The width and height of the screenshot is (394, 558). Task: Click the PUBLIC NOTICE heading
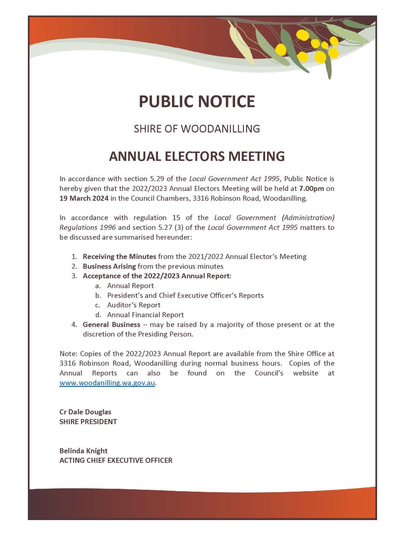[x=197, y=102]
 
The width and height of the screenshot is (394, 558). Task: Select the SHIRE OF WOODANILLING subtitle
[x=197, y=129]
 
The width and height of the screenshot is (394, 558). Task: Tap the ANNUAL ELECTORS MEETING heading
[x=197, y=156]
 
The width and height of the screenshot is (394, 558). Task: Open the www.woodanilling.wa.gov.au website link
[x=107, y=383]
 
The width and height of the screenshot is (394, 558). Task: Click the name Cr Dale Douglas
[x=85, y=412]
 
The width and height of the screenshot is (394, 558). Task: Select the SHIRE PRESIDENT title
[x=88, y=422]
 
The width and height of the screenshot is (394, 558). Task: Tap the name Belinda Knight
[x=83, y=450]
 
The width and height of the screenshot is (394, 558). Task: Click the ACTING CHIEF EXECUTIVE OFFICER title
[x=116, y=460]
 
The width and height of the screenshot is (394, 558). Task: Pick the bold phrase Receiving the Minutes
[x=119, y=256]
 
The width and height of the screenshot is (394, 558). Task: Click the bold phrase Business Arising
[x=109, y=266]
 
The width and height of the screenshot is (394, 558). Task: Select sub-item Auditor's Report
[x=134, y=305]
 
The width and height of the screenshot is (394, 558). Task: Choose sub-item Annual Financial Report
[x=145, y=315]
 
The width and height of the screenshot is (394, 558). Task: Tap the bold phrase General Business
[x=111, y=324]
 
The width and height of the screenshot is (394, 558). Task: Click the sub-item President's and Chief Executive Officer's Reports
[x=185, y=295]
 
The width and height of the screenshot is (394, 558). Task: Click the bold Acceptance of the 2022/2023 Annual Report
[x=156, y=276]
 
